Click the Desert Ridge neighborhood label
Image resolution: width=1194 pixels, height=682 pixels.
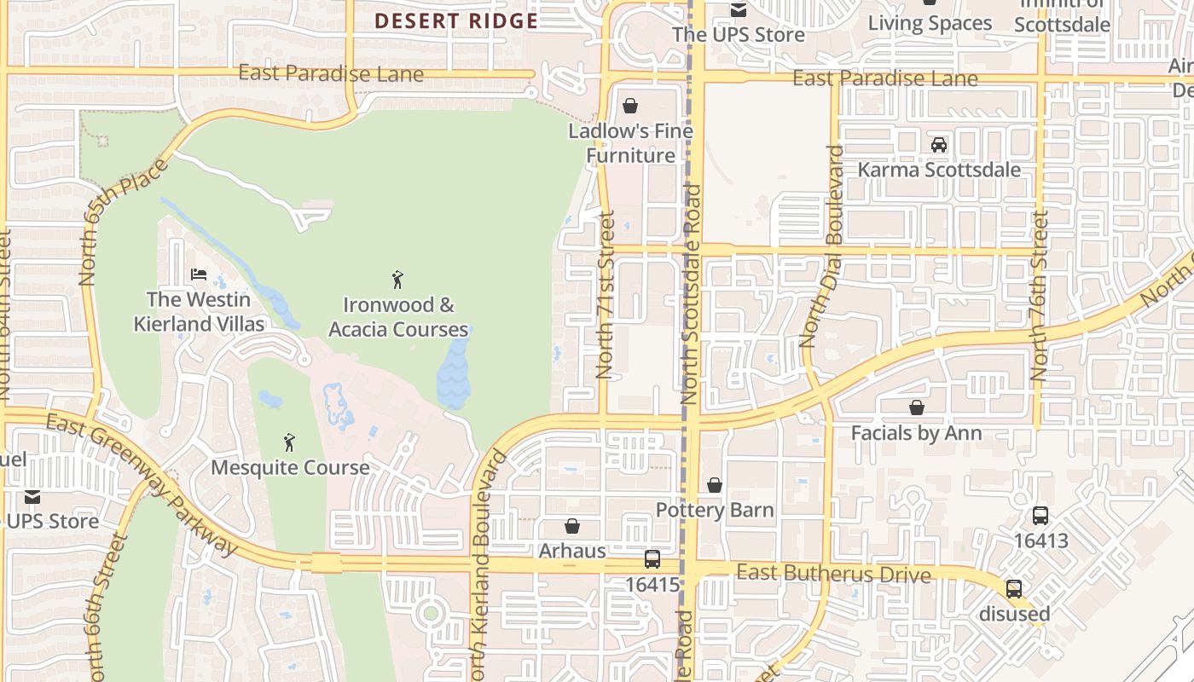point(456,20)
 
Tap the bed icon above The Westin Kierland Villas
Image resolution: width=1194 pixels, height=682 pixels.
point(199,275)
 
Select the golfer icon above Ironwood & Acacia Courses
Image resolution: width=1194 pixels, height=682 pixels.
point(397,279)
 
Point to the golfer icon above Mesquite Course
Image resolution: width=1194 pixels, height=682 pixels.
point(289,442)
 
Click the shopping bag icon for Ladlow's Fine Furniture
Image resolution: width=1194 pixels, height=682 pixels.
point(630,106)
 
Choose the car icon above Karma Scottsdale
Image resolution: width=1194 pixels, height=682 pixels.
point(939,144)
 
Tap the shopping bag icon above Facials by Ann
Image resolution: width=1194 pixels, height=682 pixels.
point(917,407)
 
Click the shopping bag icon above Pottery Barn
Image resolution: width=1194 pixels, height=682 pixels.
point(715,485)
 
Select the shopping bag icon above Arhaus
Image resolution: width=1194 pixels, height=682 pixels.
point(572,526)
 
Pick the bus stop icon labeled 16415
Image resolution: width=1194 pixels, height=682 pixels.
point(652,559)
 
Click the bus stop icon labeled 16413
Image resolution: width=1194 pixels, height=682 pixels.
point(1040,516)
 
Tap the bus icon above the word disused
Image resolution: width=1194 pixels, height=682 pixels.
point(1014,589)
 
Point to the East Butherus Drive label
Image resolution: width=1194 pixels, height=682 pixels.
point(833,573)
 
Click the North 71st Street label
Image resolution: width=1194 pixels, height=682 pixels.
point(606,295)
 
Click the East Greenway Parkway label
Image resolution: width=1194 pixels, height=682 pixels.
point(141,482)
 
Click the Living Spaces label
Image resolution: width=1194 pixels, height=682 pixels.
point(930,23)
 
